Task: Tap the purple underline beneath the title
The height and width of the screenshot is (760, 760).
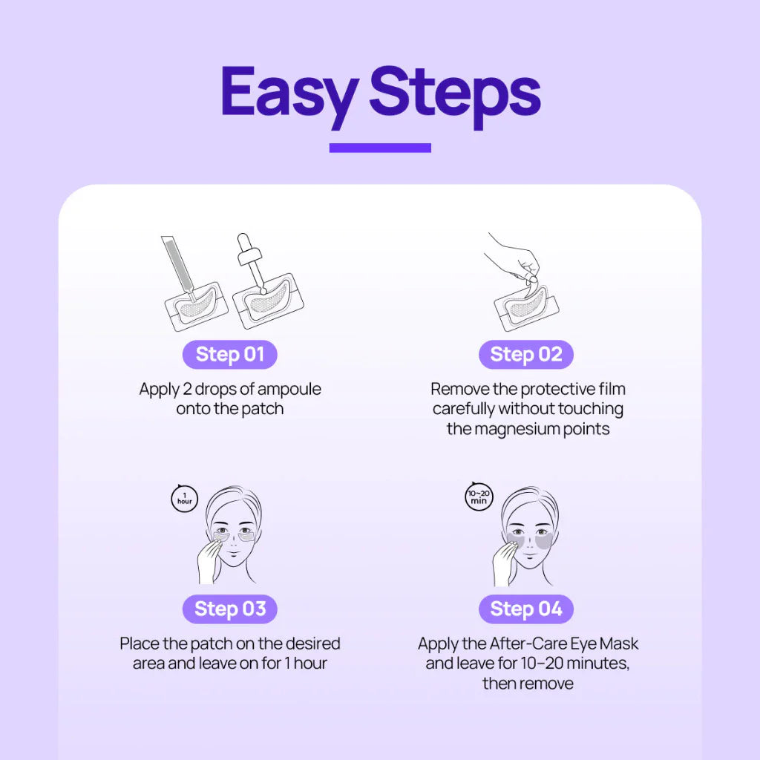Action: click(x=380, y=148)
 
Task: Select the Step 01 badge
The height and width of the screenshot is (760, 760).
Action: click(x=230, y=354)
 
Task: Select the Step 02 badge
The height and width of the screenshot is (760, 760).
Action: click(x=526, y=354)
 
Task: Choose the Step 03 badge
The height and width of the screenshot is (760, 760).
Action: click(x=230, y=609)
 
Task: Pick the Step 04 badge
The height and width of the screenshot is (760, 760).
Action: click(x=526, y=609)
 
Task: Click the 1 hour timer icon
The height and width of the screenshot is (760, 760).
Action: click(x=185, y=498)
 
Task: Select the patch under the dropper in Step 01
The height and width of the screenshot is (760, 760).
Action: click(x=268, y=301)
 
